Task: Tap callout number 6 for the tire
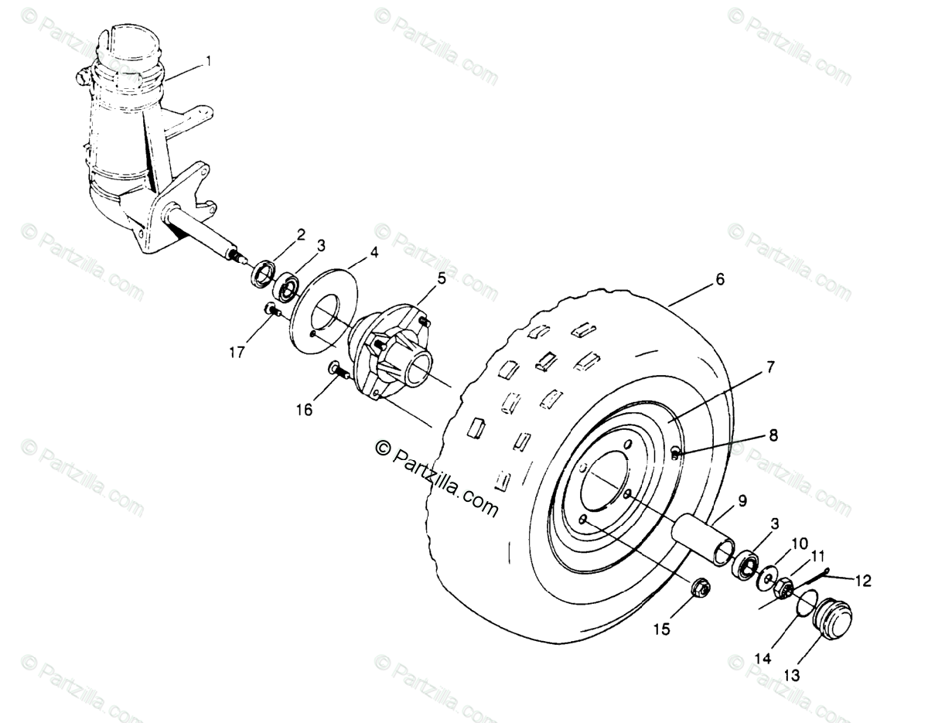719,280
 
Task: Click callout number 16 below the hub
304,409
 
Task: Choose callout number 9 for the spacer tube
742,500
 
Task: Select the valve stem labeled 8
676,453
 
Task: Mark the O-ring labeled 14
805,602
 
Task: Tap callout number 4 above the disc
374,252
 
